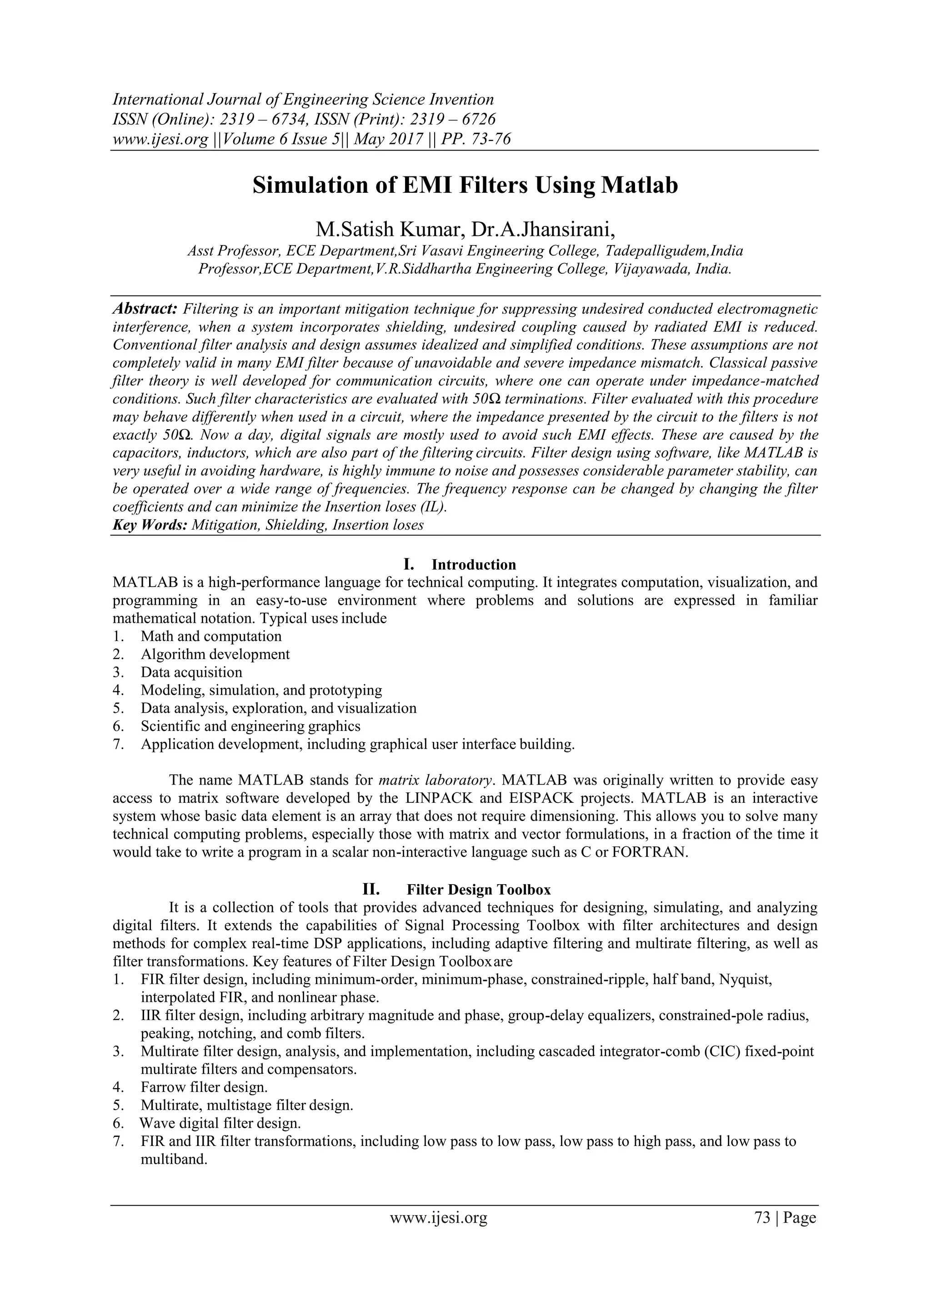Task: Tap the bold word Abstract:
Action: pyautogui.click(x=145, y=310)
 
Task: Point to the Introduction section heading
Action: pyautogui.click(x=474, y=565)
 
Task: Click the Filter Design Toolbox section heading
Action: pyautogui.click(x=479, y=890)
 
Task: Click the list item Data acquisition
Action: pyautogui.click(x=191, y=672)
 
